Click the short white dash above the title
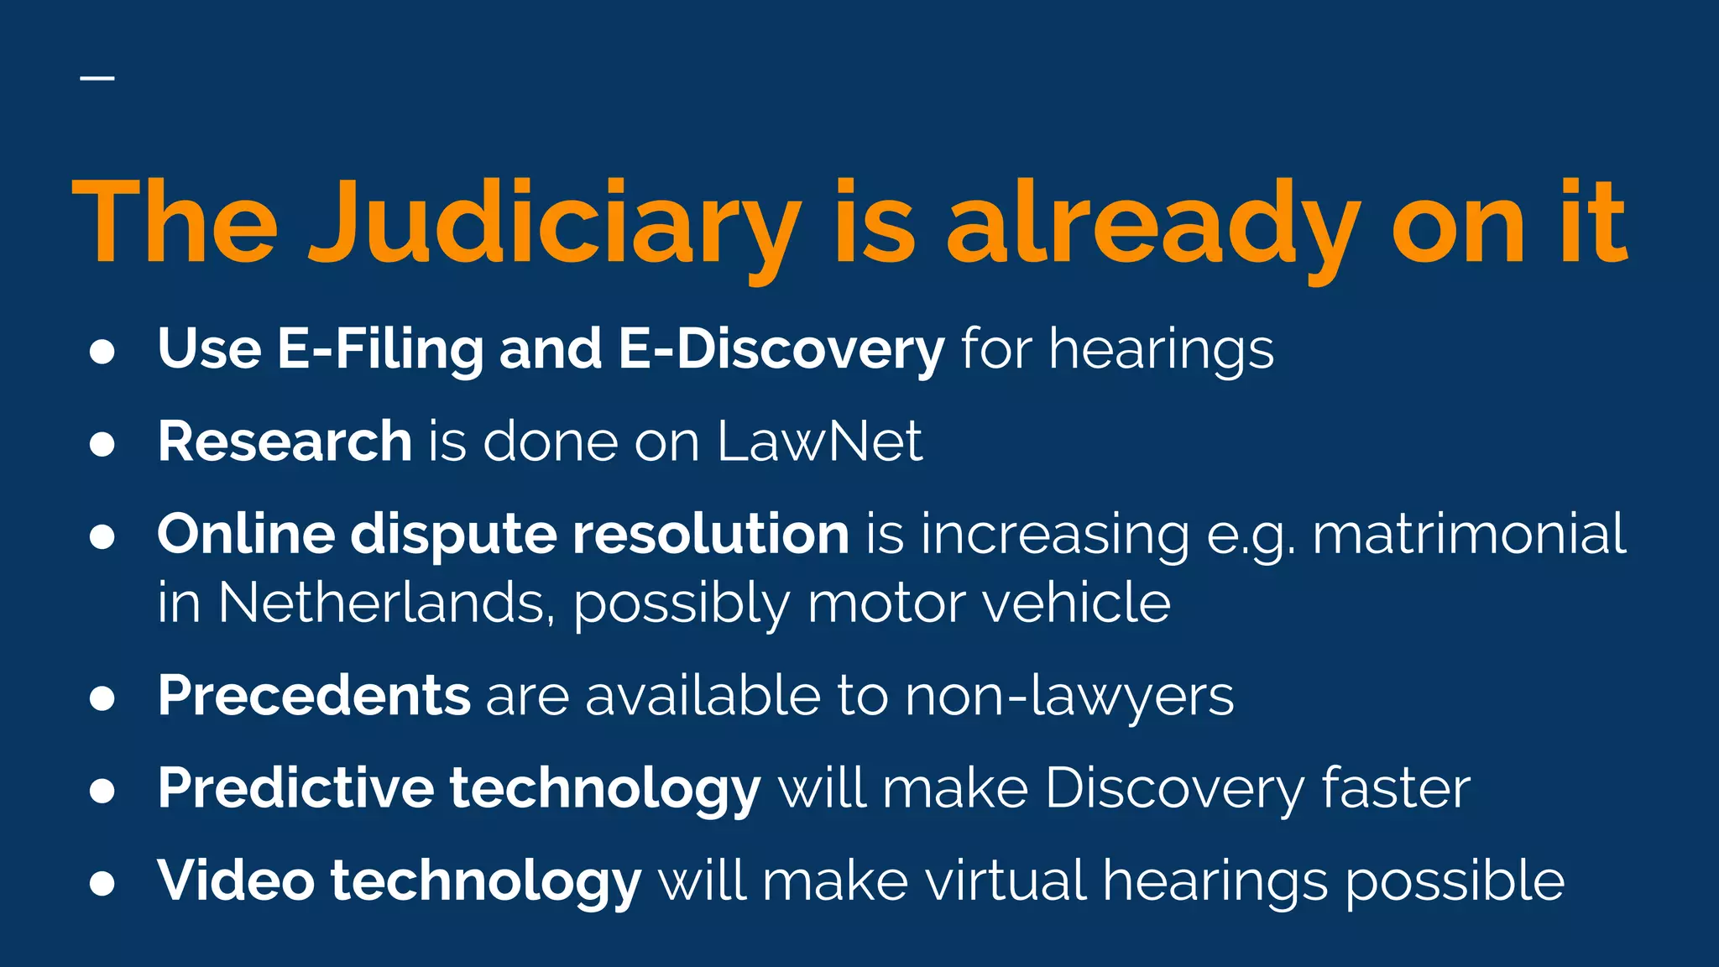97,78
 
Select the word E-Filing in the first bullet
380,349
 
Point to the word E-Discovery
781,349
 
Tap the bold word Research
285,442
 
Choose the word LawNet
820,442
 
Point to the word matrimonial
1469,534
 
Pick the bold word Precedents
314,696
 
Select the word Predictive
295,788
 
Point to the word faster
1396,788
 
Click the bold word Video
236,881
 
